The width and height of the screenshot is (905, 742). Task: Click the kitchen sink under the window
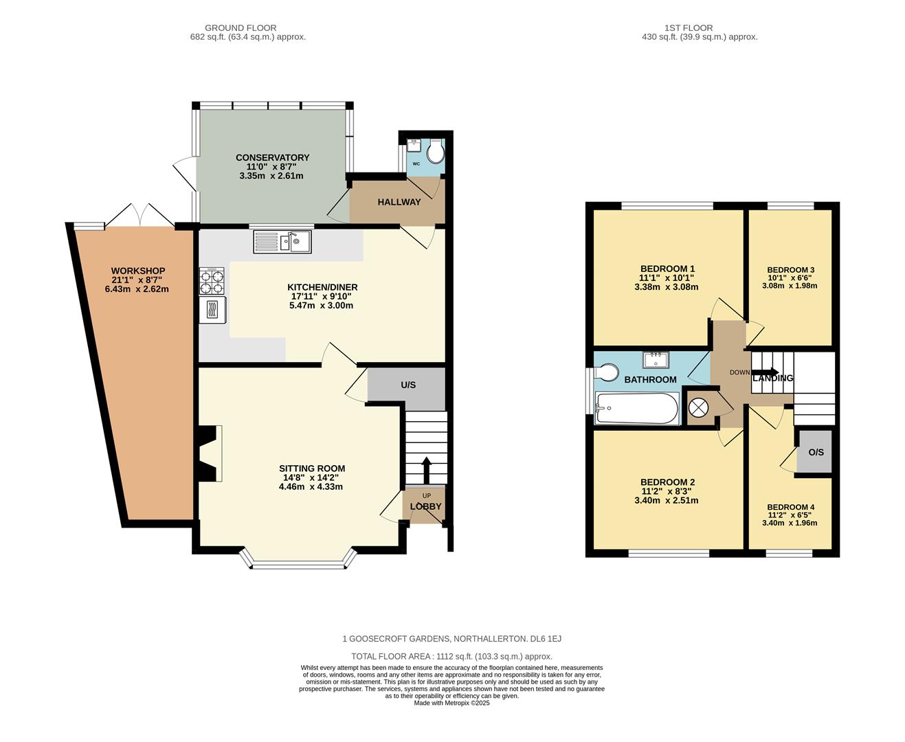pos(282,242)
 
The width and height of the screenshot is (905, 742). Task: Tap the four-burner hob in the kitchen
pos(212,280)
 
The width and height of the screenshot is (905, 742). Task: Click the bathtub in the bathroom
pos(636,408)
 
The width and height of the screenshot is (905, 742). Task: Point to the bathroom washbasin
pos(656,359)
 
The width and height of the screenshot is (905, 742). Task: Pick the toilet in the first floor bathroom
pos(605,372)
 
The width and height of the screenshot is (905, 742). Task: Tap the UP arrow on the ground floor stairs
pos(426,470)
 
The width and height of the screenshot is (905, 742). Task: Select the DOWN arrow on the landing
pos(765,373)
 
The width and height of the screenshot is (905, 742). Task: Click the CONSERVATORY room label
pos(272,157)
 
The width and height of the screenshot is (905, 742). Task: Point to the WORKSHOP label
pos(137,271)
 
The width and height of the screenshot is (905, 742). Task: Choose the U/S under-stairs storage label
pos(408,385)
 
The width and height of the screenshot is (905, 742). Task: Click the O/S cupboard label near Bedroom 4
pos(816,452)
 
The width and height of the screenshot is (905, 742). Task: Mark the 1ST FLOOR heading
pos(699,28)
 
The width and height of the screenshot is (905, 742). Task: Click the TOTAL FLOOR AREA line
pos(451,656)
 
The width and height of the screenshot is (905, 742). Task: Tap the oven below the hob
pos(212,309)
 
